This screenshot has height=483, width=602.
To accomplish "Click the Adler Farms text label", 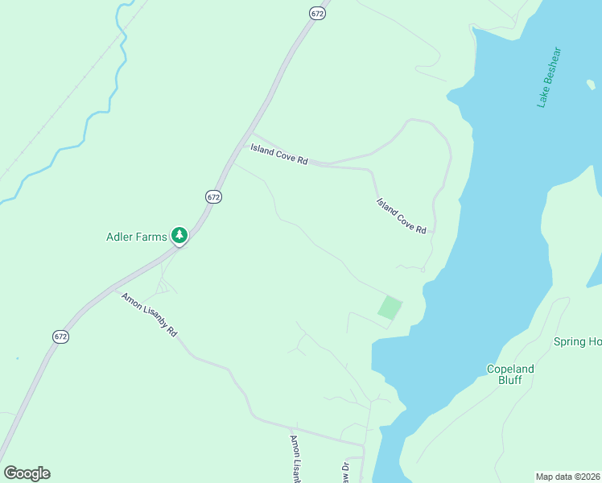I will (136, 237).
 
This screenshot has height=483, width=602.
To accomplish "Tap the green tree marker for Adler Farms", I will (179, 235).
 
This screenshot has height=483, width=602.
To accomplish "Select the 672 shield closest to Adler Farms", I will (212, 196).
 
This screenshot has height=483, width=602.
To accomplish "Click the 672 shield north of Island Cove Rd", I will (318, 14).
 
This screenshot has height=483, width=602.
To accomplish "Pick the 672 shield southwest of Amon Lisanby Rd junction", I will (60, 336).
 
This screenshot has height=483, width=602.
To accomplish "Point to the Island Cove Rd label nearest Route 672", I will (279, 155).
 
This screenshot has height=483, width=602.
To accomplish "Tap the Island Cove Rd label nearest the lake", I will (401, 216).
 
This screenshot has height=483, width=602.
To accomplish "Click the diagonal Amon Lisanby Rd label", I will (149, 315).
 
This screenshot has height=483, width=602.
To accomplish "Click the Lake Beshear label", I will (550, 77).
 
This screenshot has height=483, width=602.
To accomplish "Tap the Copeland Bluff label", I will (510, 374).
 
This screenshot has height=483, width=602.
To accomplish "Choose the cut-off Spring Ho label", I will (577, 342).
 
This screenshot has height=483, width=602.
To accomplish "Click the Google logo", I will (27, 473).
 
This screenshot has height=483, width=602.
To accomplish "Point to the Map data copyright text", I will (568, 477).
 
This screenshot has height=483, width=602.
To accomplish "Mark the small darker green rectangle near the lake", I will (390, 308).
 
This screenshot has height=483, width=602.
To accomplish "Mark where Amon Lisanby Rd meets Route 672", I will (115, 288).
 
